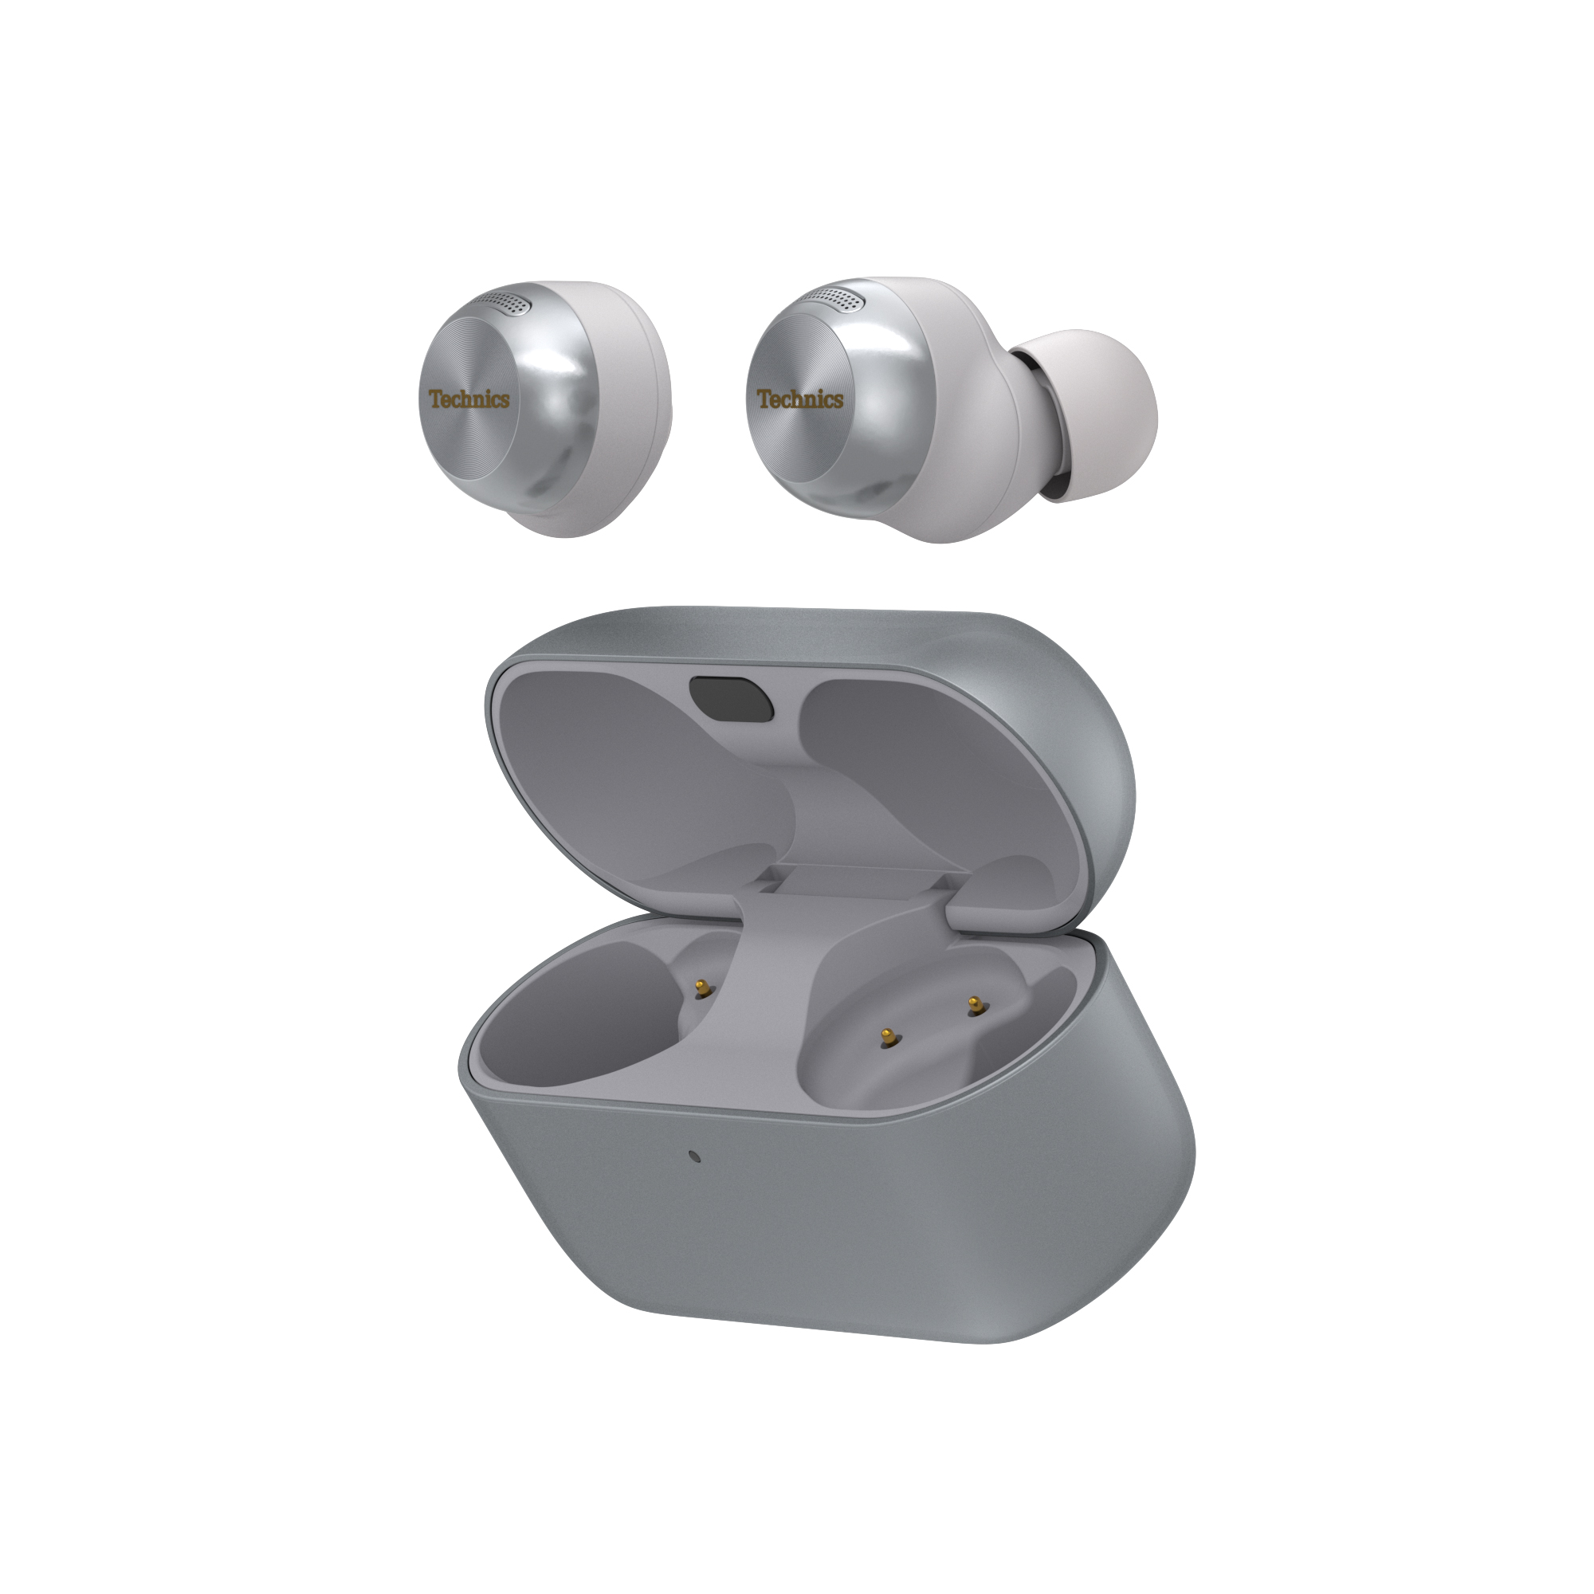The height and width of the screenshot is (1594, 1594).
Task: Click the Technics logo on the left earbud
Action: (469, 399)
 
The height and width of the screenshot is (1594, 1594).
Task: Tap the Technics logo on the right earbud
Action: (799, 399)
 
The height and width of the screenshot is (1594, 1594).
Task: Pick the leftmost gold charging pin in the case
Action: (702, 986)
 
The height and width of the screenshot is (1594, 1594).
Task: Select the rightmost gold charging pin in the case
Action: (976, 1003)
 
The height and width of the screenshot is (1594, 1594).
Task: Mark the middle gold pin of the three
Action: (887, 1037)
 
